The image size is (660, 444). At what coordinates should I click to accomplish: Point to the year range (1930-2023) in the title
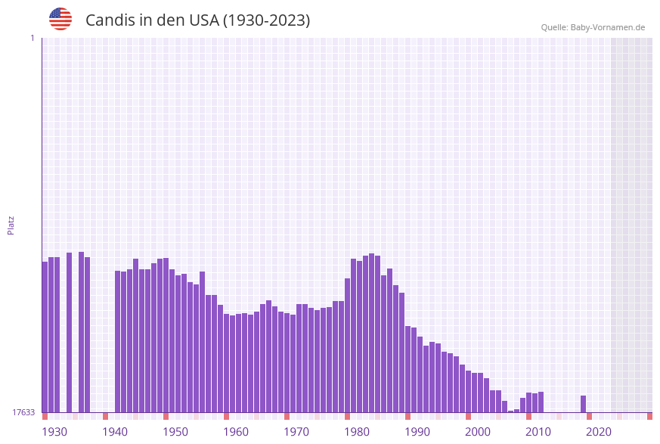[266, 20]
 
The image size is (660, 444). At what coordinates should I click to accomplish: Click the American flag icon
[60, 19]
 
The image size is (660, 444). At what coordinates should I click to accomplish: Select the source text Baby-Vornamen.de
[607, 27]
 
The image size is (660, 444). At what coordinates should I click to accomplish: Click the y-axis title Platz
[11, 225]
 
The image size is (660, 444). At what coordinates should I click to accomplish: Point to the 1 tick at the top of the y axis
[32, 38]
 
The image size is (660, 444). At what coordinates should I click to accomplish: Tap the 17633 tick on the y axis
[23, 412]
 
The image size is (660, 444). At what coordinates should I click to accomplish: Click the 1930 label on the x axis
[54, 432]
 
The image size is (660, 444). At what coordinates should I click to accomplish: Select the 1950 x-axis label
[175, 432]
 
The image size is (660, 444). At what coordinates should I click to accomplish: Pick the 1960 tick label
[236, 432]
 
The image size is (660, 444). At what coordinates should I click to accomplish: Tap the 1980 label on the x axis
[357, 432]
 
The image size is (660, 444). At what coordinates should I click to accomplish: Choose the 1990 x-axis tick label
[417, 432]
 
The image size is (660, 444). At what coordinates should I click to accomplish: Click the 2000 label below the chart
[478, 432]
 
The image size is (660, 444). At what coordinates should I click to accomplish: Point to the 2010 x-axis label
[538, 432]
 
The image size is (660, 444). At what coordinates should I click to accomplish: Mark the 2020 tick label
[599, 432]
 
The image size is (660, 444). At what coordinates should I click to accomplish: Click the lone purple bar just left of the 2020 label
[584, 404]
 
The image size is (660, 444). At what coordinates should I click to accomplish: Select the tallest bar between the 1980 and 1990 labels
[372, 333]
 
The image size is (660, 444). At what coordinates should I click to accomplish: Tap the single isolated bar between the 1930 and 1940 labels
[70, 332]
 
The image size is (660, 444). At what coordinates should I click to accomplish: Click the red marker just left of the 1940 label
[106, 416]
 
